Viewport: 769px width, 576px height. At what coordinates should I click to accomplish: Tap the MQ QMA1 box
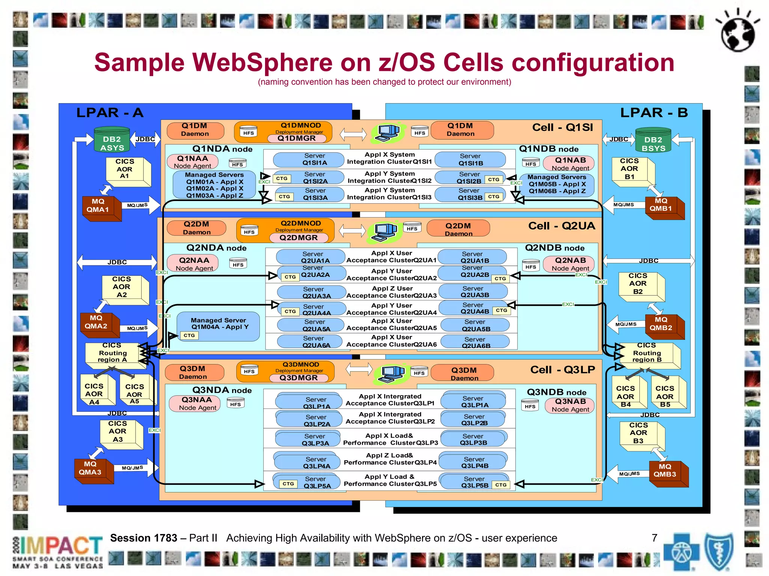click(98, 206)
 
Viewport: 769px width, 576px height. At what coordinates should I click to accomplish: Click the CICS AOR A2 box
click(122, 287)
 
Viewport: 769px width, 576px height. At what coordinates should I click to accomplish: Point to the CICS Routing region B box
click(647, 353)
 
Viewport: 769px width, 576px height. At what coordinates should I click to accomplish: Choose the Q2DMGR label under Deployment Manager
click(299, 238)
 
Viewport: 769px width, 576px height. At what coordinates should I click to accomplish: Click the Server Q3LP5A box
click(317, 482)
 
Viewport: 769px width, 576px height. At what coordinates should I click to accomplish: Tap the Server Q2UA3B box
click(474, 292)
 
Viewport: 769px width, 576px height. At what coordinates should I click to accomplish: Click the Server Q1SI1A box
click(315, 159)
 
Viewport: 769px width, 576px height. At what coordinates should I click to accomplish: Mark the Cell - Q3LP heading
click(562, 370)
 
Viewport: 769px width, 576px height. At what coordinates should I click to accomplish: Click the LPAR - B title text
click(653, 112)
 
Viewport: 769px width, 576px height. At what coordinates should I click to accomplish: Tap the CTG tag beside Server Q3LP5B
click(501, 485)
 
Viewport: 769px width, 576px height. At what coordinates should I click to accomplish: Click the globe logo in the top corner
click(737, 32)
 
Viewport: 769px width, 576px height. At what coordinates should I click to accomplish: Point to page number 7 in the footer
click(654, 538)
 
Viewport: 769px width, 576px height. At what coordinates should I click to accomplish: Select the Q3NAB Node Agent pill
click(570, 405)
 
